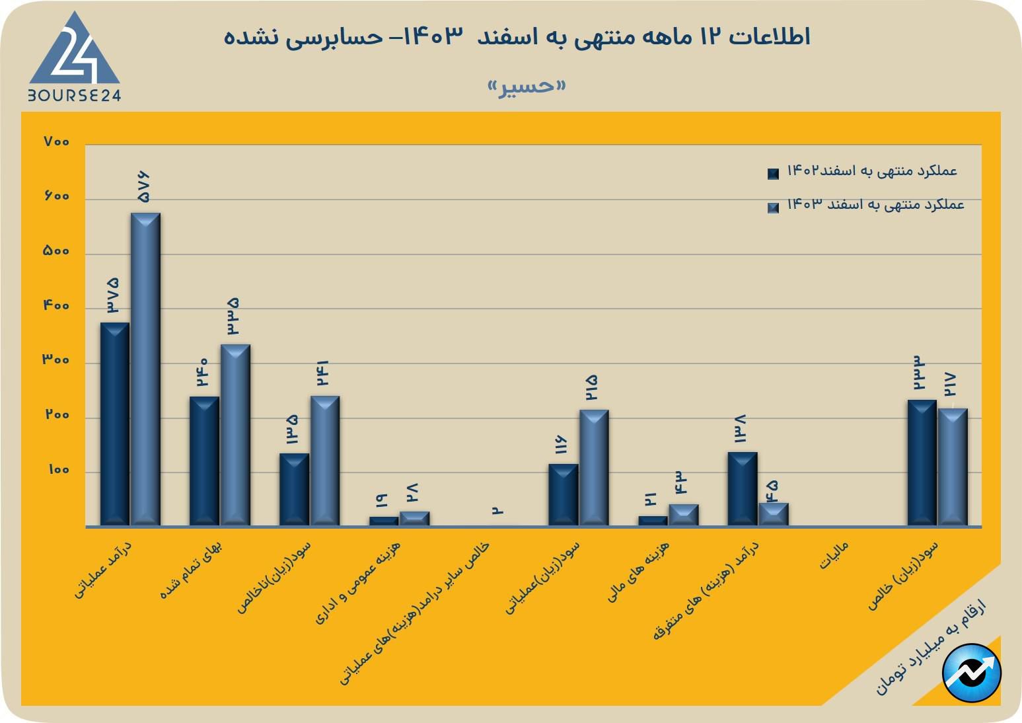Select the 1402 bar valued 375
point(114,424)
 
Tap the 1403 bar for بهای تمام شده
point(235,435)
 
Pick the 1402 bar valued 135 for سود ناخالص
point(294,489)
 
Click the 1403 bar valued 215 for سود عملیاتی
point(594,467)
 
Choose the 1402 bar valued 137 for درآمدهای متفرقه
point(743,488)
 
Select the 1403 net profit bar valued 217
point(953,467)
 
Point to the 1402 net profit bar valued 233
point(922,463)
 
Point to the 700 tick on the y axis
point(57,141)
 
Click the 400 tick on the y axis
point(57,306)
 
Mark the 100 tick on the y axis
point(58,470)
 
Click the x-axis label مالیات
point(834,556)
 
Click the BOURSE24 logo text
point(74,95)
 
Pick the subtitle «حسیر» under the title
point(527,87)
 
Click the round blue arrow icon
point(971,673)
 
